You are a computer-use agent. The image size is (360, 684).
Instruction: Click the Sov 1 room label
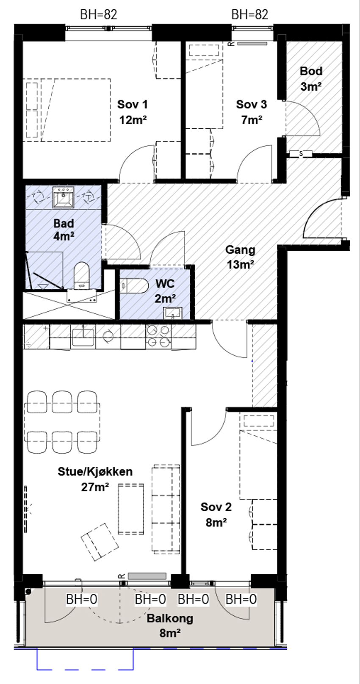133,112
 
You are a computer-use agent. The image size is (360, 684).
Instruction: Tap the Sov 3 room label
251,112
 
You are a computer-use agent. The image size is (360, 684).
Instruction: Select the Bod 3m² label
311,79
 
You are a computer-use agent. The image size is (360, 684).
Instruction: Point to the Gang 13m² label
240,257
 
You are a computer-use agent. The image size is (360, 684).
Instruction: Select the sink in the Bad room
63,197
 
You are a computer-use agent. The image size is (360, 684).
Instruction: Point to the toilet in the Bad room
81,275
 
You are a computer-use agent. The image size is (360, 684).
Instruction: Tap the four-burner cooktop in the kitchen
158,337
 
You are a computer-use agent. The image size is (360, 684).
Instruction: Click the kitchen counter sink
83,336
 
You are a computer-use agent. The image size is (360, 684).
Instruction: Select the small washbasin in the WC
173,313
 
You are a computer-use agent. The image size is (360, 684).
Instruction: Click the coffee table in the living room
131,509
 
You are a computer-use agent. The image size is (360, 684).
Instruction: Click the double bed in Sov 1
68,110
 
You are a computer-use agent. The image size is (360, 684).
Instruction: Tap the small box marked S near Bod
301,154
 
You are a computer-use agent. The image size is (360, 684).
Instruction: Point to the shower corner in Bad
44,270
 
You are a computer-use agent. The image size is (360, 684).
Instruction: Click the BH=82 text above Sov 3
250,14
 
